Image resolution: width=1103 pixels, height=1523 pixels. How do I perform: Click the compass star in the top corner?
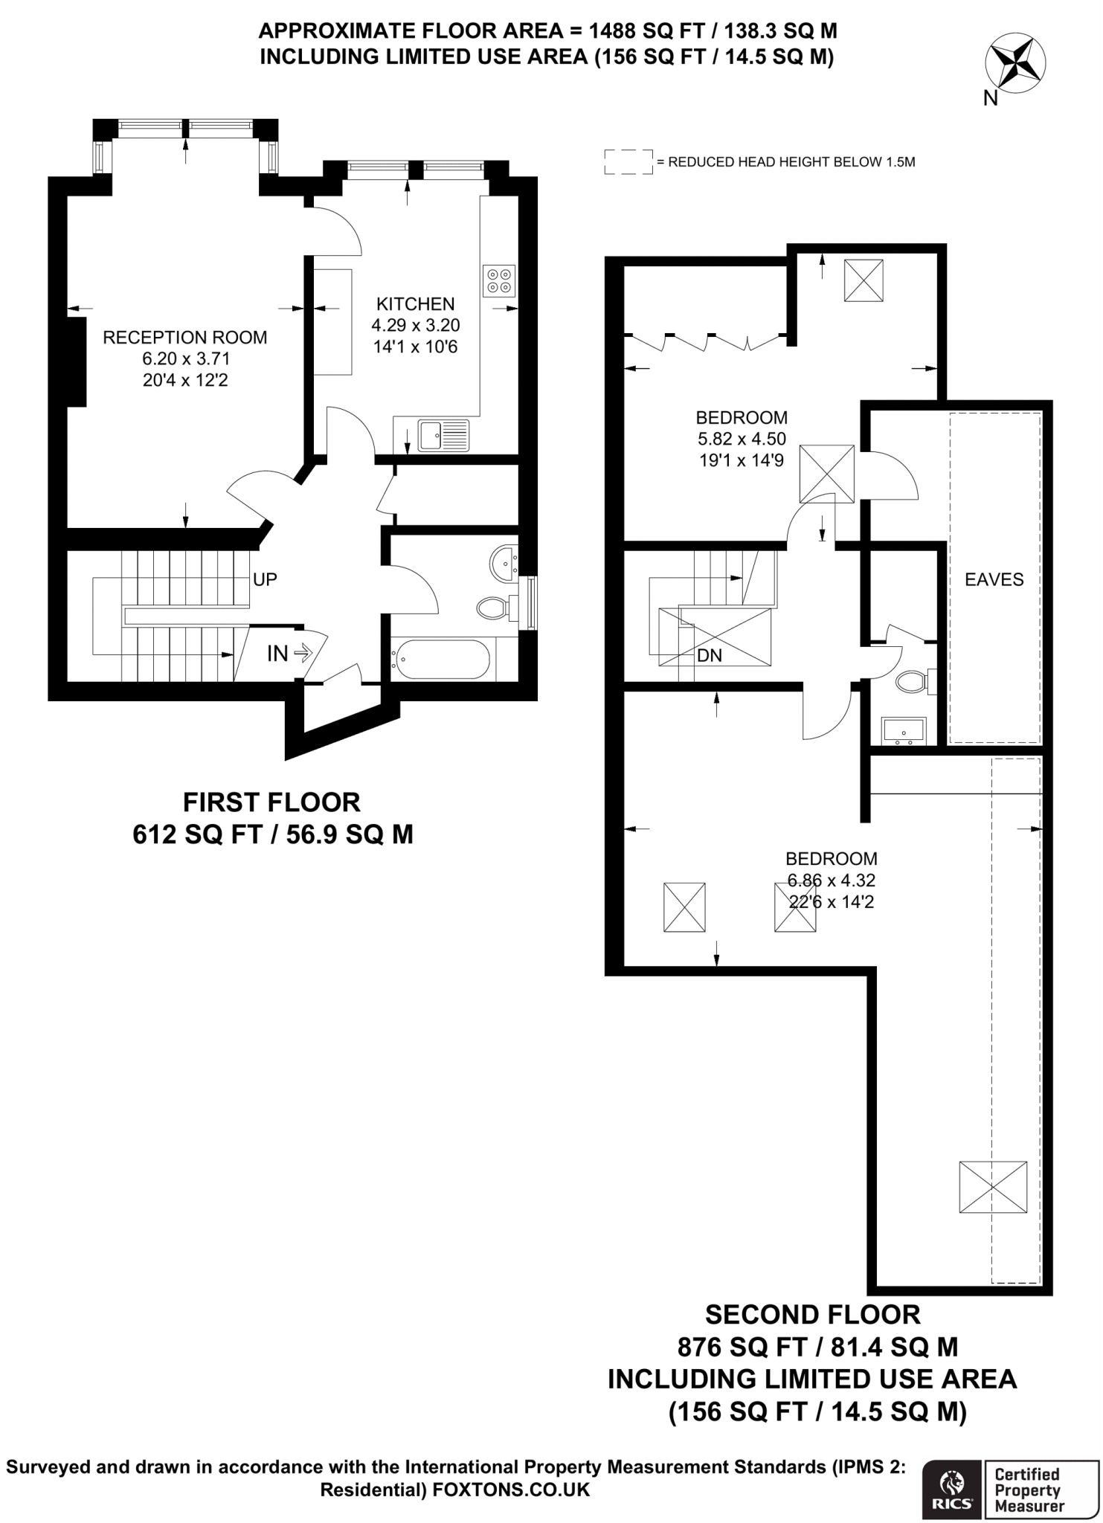pos(1014,63)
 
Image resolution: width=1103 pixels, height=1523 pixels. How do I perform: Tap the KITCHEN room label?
pos(415,303)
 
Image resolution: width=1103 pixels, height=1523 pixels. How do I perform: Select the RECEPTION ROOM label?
pos(184,338)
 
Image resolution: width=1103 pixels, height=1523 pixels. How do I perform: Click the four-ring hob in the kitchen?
pos(498,280)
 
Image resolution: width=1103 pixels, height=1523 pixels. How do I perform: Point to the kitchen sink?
pos(443,435)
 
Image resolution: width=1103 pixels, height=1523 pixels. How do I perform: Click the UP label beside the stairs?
pos(265,579)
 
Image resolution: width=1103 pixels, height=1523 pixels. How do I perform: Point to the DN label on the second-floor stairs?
pos(710,656)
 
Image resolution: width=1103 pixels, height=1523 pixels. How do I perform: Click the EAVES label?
pos(994,579)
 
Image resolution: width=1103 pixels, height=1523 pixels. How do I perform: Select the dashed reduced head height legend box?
pos(628,161)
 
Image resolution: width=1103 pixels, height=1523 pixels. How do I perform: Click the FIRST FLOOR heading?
pos(271,802)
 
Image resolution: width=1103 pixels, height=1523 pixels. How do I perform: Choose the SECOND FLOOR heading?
pos(812,1315)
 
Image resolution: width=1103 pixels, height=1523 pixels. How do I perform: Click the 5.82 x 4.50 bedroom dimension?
pos(742,439)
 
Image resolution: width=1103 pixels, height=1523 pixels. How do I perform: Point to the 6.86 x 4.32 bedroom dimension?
pos(832,880)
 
